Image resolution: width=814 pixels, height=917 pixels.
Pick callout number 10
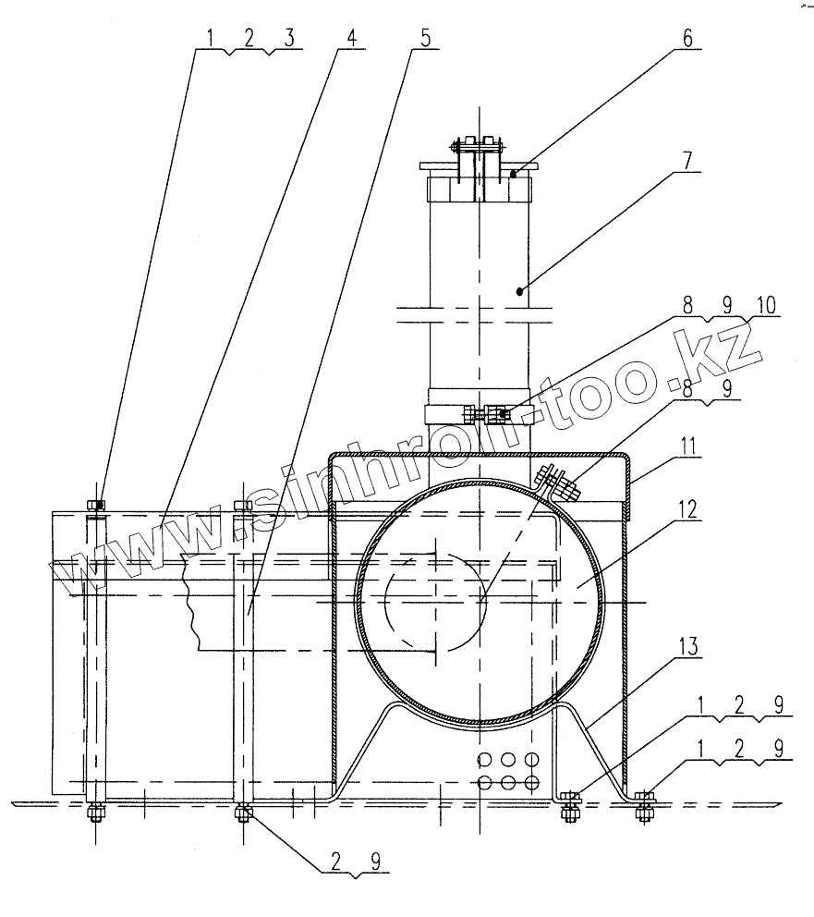click(x=768, y=305)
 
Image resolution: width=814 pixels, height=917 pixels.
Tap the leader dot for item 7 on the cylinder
click(x=521, y=290)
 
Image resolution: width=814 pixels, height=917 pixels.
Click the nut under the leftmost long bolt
click(x=95, y=814)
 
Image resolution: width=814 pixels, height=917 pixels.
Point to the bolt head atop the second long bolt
click(x=243, y=505)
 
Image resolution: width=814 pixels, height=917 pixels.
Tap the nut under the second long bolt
click(x=244, y=814)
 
